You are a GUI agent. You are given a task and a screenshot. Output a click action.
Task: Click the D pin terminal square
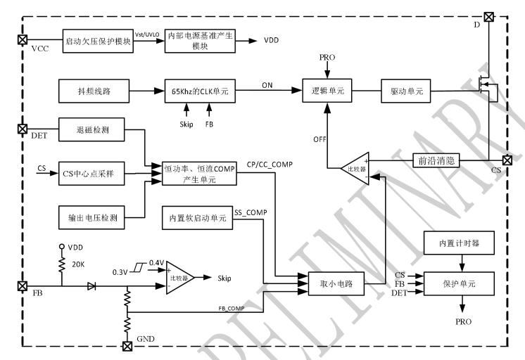click(488, 15)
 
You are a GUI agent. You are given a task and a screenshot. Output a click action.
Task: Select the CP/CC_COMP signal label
click(270, 165)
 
